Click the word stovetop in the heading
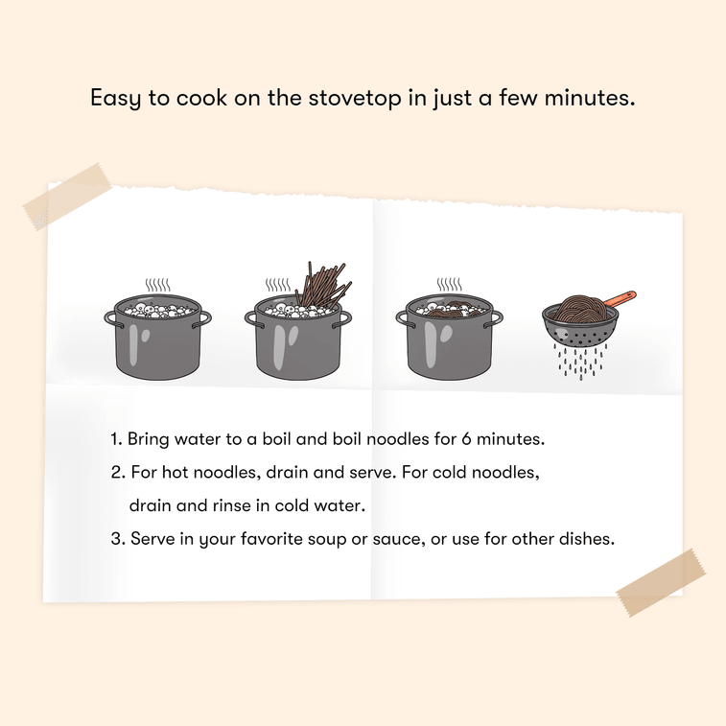click(x=354, y=98)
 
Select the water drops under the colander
click(x=580, y=362)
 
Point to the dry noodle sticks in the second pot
click(x=324, y=285)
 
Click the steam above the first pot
click(x=157, y=285)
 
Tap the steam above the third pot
click(x=449, y=284)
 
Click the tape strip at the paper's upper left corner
click(x=67, y=197)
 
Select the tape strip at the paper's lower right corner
click(x=661, y=582)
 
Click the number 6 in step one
click(x=466, y=439)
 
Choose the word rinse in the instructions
click(x=231, y=505)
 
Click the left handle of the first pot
click(x=110, y=318)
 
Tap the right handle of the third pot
click(x=495, y=319)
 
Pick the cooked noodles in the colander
click(x=580, y=309)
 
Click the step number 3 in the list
click(x=116, y=539)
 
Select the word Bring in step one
click(x=148, y=439)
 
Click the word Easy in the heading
click(x=115, y=99)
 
